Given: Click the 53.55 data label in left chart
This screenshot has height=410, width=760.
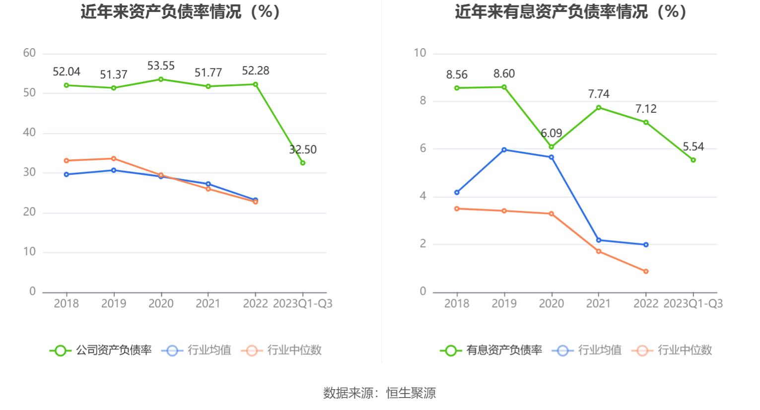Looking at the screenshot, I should pos(161,66).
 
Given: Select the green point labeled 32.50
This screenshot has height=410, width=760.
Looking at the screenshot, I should pos(303,163).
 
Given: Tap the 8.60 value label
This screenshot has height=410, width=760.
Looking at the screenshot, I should pos(504,74).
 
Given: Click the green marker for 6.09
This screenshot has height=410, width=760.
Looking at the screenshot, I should pos(551,147).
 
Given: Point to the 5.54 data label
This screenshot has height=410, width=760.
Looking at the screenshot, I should pos(693,147).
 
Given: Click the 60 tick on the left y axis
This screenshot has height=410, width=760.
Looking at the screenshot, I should pos(29,53).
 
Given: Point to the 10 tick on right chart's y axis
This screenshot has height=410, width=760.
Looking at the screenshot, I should pos(420,53).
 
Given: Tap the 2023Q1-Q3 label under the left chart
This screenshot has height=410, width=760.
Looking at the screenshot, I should pos(303,304).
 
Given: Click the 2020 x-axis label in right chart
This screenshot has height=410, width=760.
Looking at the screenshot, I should pos(551,304).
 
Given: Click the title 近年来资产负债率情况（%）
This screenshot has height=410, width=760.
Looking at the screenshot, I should pos(181,11).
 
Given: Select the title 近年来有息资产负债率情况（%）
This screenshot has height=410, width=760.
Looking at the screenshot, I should pos(570,11).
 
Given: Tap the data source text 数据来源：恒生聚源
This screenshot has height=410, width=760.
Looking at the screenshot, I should pos(380,393).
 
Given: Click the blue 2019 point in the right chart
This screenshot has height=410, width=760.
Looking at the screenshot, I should pos(504,150).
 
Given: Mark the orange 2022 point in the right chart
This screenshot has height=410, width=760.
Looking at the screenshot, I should pos(646,272).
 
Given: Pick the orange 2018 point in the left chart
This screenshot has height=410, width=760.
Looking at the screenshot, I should pos(67,161).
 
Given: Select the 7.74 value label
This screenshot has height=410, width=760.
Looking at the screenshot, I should pos(599,94).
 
